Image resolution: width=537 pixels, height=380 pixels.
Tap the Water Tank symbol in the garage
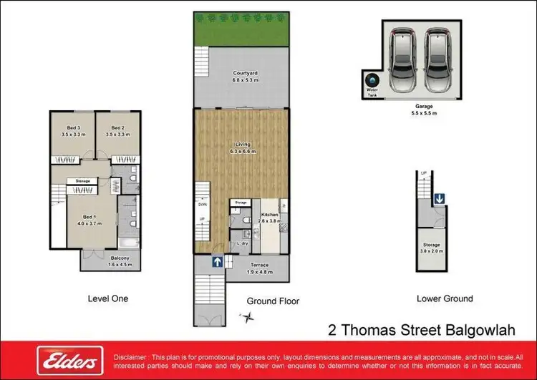[372, 81]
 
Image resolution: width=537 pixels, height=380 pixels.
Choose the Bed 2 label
[115, 131]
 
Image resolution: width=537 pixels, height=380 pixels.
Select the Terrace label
[256, 269]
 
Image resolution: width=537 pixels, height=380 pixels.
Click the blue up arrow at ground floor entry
[216, 263]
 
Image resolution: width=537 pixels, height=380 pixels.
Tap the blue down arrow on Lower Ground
[437, 199]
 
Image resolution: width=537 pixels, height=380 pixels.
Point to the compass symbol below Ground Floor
[248, 317]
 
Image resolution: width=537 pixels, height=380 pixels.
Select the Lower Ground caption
[444, 298]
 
